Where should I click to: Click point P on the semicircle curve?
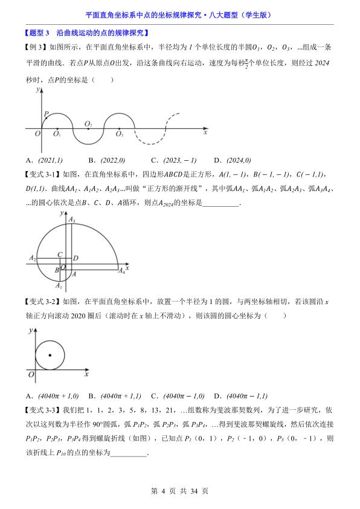coord(45,118)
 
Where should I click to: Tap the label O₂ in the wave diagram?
coord(88,124)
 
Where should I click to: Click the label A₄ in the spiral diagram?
coord(121,271)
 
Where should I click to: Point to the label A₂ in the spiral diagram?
coord(32,258)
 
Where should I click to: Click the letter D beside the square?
coord(76,259)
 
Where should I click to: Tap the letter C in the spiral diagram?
coord(60,255)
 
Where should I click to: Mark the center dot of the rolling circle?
coord(50,355)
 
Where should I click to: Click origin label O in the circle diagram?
coord(30,375)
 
